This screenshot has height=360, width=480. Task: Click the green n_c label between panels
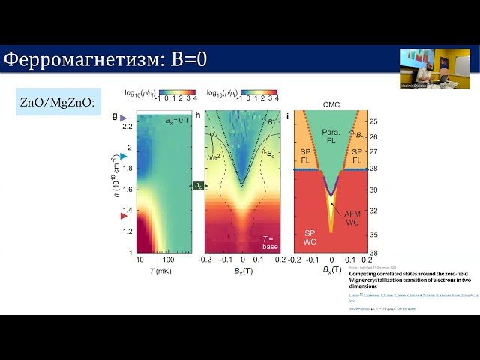[198, 185]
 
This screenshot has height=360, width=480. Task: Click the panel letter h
[198, 116]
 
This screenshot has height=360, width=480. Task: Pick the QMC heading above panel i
[331, 106]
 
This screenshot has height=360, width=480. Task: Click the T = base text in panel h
[269, 241]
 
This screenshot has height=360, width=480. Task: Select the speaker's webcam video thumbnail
[424, 67]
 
